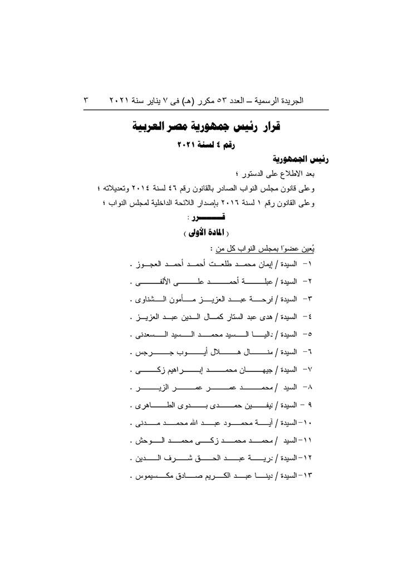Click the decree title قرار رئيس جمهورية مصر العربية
[207, 126]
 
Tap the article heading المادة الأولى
[207, 233]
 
